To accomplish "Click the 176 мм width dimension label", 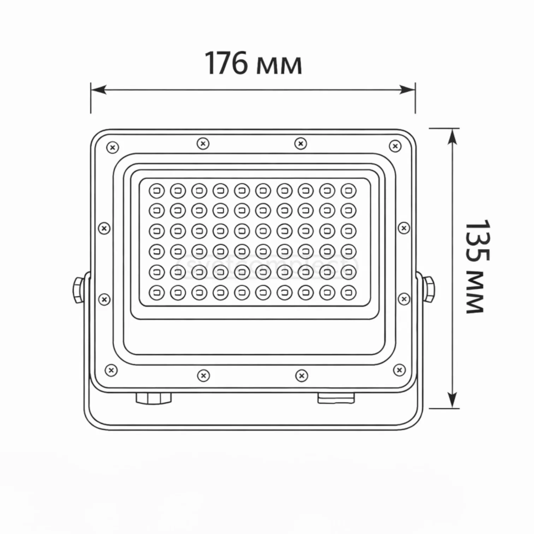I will click(253, 64).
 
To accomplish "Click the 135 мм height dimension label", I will click(476, 267).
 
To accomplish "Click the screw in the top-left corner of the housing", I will click(113, 147).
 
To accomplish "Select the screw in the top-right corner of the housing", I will click(395, 146).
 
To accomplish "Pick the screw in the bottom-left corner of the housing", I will click(112, 370).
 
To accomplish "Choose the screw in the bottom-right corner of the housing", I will click(399, 370).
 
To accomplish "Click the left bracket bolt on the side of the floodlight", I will click(78, 290).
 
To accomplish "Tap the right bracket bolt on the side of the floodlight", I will click(429, 290).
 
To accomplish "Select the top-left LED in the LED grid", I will click(157, 191).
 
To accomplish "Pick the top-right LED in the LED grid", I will click(349, 191).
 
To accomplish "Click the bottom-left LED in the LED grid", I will click(157, 293).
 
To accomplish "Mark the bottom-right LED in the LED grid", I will click(349, 292).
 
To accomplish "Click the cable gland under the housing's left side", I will click(154, 398).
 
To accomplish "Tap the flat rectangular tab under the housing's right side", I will click(336, 398).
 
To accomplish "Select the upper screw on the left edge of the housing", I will click(104, 229).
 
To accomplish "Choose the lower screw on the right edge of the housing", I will click(404, 299).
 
